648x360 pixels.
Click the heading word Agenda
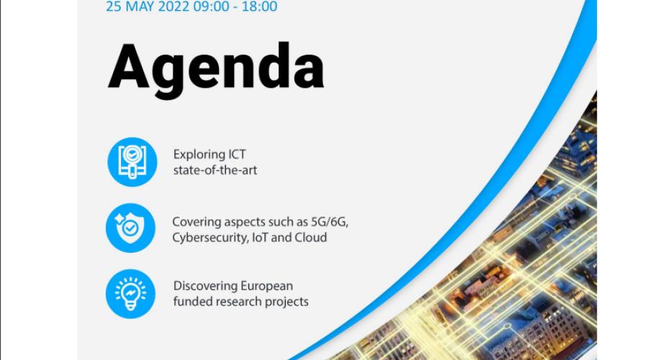tap(216, 69)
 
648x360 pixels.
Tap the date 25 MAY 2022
tap(148, 6)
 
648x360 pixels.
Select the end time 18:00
tap(259, 6)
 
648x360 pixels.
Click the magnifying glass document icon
tap(132, 162)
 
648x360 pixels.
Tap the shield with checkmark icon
tap(130, 228)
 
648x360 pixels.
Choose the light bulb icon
tap(130, 294)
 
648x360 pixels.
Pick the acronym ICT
tap(237, 154)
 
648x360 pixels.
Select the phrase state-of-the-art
tap(215, 170)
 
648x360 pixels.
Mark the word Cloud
tap(310, 238)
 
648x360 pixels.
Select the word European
tap(267, 287)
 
